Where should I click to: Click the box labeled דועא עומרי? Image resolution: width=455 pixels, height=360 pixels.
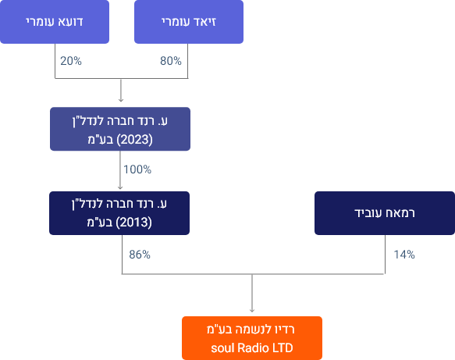pos(55,22)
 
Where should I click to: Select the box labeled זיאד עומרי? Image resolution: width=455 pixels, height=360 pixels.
pos(189,22)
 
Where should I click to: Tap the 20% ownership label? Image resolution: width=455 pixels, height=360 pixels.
pos(71,61)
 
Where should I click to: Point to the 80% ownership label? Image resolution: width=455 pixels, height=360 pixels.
pos(171,61)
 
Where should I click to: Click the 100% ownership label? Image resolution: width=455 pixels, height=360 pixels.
pos(137,169)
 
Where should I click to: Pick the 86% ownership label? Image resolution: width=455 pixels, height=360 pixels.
pos(140,255)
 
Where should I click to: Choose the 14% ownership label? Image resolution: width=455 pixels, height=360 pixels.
pos(404,255)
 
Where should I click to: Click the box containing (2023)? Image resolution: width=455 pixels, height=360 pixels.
pos(120,129)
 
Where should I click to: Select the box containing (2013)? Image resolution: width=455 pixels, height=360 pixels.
pos(119,213)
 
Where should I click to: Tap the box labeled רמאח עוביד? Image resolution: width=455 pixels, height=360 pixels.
pos(385,213)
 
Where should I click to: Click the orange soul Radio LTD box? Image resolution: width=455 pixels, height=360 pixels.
pos(252,338)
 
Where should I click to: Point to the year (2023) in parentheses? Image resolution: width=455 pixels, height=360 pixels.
pos(135,140)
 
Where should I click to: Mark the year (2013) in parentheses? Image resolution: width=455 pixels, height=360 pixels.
pos(133,223)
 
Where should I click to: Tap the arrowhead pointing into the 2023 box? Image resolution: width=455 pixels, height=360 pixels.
pos(121,100)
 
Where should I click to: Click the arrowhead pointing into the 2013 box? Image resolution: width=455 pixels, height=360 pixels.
pos(120,187)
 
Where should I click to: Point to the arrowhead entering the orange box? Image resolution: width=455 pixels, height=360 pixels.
pos(252,310)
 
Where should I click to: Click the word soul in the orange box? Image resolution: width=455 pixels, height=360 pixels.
pos(222,348)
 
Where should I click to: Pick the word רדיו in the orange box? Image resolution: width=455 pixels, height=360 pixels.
pos(284,330)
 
